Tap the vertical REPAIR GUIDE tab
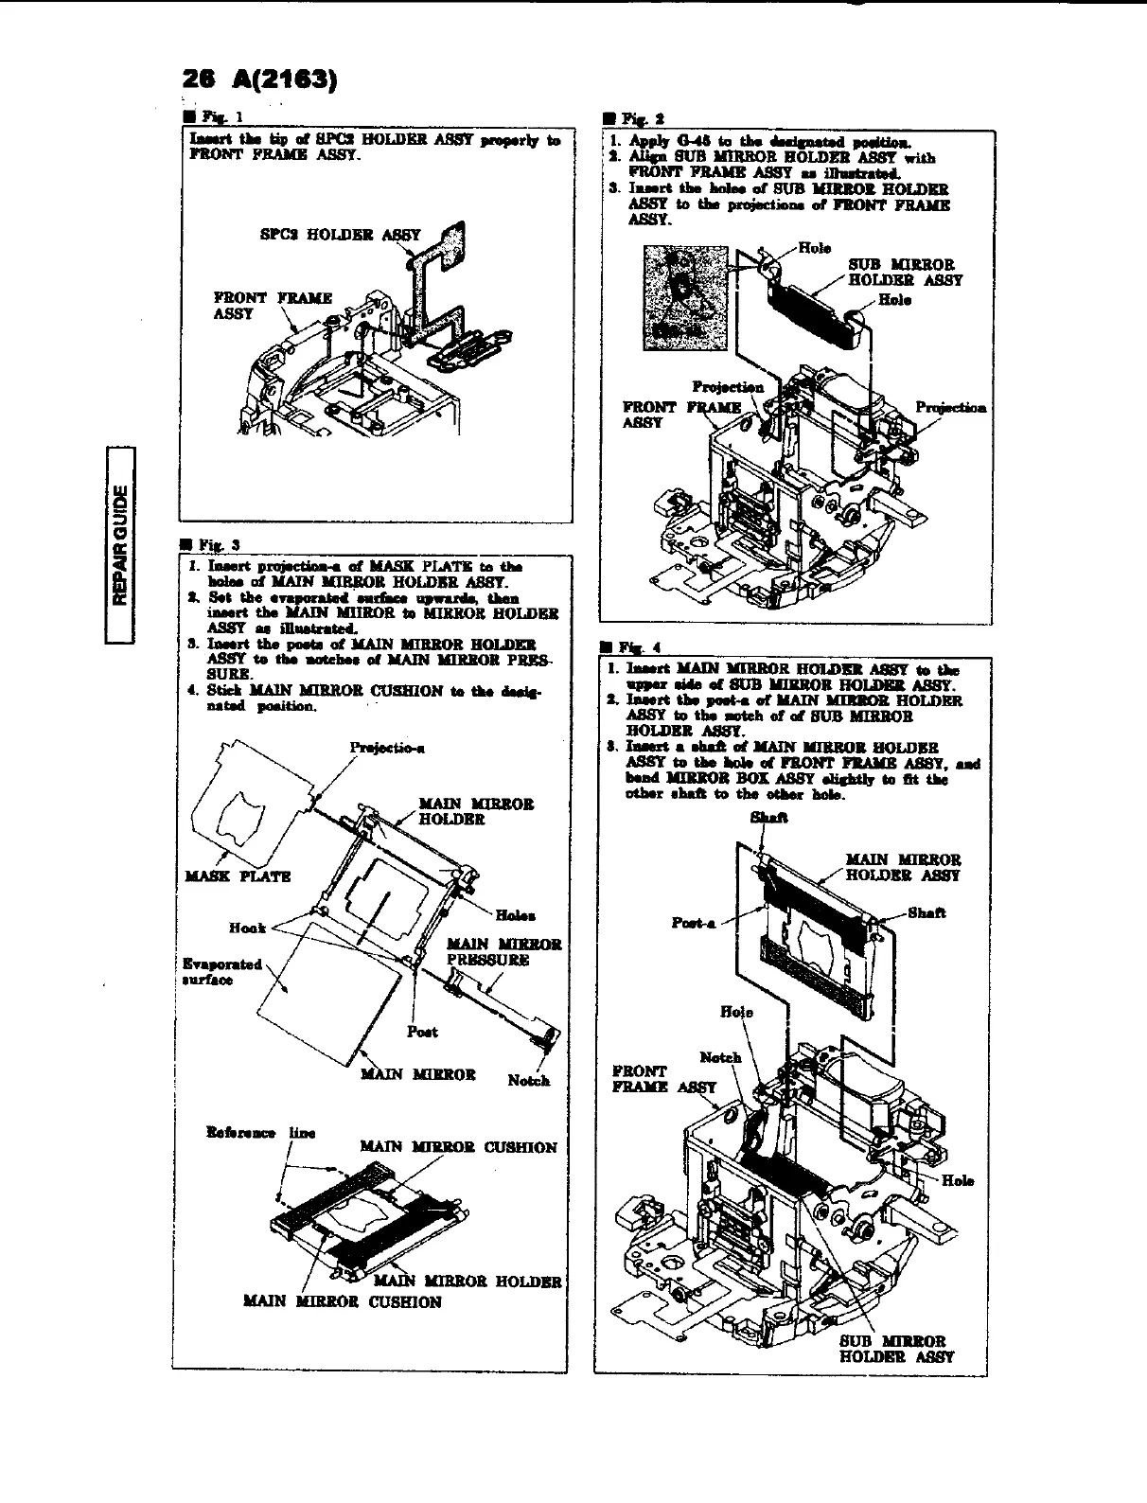[x=120, y=543]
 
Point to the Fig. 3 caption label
[x=201, y=544]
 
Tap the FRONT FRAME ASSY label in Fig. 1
[x=273, y=306]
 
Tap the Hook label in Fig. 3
[x=248, y=928]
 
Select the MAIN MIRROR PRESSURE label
[x=503, y=951]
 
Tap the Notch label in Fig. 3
[x=528, y=1080]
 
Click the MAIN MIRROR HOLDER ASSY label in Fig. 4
[x=902, y=867]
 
